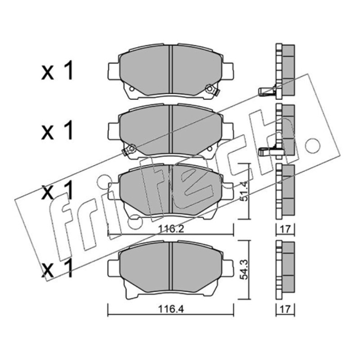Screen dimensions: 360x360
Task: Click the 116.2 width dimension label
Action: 171,229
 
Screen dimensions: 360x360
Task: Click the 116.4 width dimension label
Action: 171,309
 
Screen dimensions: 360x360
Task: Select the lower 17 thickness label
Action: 285,309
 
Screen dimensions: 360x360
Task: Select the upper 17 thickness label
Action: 285,229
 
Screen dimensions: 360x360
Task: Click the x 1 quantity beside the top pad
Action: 58,71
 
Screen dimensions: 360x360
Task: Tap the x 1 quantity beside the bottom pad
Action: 58,268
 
